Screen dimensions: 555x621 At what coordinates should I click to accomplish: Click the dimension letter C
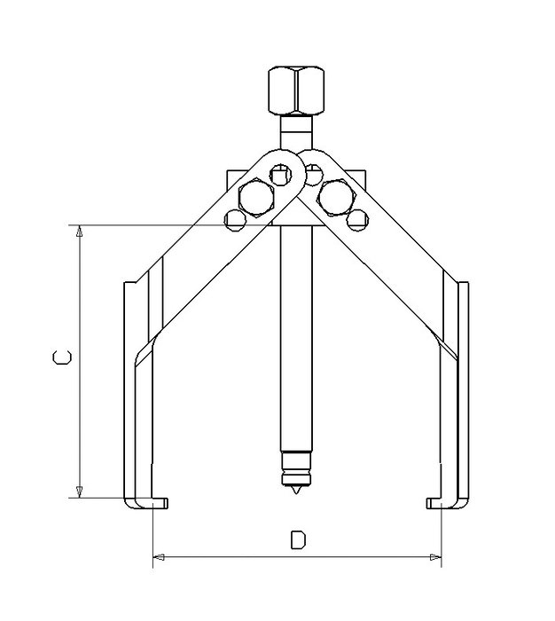(62, 357)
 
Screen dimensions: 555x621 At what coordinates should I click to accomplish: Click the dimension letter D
(298, 539)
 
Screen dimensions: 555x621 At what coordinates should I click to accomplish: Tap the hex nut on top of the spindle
(296, 90)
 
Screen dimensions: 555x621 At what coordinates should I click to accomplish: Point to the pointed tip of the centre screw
(296, 494)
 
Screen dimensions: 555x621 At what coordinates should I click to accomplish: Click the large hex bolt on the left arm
(256, 198)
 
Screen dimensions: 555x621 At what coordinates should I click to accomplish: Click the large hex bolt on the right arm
(336, 197)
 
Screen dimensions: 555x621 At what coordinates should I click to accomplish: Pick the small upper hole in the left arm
(281, 174)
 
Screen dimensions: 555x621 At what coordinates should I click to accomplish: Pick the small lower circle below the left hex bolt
(235, 220)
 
